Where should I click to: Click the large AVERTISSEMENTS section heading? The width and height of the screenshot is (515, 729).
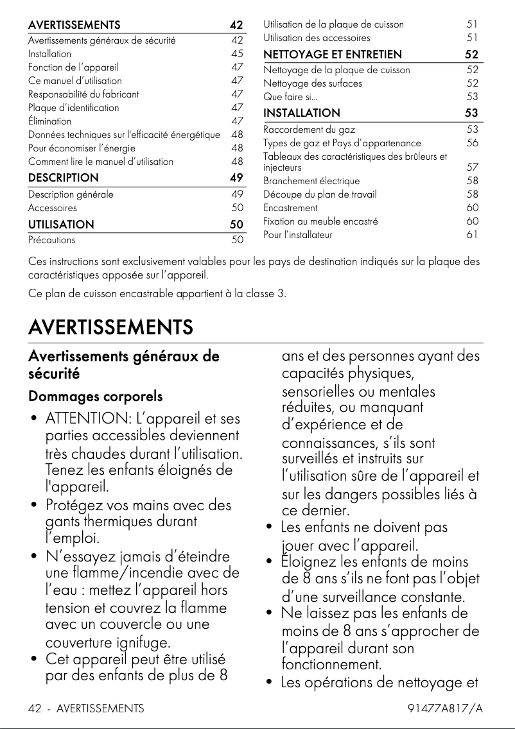tap(110, 327)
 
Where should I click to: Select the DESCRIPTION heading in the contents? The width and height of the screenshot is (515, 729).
tap(64, 178)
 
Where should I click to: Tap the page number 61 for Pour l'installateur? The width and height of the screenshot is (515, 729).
tap(472, 235)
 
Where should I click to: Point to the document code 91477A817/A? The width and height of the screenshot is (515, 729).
tap(445, 708)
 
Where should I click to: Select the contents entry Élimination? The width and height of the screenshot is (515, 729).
tap(50, 121)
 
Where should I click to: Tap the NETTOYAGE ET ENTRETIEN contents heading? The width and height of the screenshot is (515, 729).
tap(333, 55)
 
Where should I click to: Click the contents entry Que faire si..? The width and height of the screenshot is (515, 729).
tap(290, 97)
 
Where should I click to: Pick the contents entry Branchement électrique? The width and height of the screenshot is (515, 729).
tap(311, 181)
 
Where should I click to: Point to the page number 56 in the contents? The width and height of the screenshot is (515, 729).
tap(472, 143)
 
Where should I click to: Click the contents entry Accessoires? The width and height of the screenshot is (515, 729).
tap(53, 208)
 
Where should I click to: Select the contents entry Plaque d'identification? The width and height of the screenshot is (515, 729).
tap(73, 107)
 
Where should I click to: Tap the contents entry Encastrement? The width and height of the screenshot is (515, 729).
tap(290, 208)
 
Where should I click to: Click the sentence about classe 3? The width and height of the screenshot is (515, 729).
tap(157, 294)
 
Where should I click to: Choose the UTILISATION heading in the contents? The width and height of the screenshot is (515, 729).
tap(61, 225)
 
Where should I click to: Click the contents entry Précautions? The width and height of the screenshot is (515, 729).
tap(51, 240)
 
